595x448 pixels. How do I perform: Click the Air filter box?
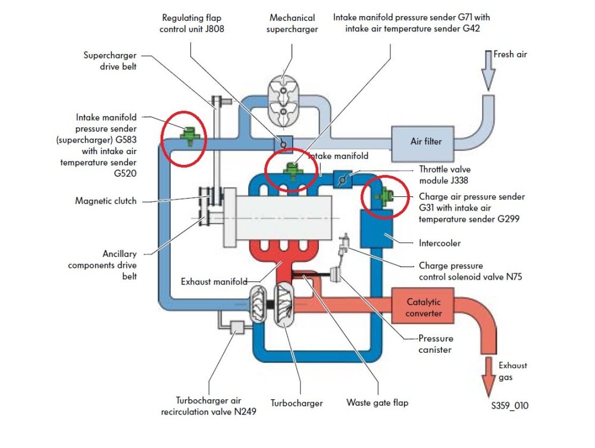(422, 142)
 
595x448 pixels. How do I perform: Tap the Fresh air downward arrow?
(488, 71)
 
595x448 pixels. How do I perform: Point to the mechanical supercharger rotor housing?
(283, 101)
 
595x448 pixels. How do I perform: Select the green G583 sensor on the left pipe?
(189, 136)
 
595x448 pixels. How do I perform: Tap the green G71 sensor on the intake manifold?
(292, 171)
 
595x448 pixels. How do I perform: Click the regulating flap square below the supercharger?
(283, 144)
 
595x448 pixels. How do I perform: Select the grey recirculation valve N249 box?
(237, 327)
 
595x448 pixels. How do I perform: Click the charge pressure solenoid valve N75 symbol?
(344, 245)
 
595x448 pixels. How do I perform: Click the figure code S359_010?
(510, 406)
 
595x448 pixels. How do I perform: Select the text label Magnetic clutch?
(106, 200)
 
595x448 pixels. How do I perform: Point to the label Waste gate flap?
(378, 402)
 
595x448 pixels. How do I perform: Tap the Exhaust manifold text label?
(214, 281)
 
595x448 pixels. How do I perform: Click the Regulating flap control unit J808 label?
(192, 24)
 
